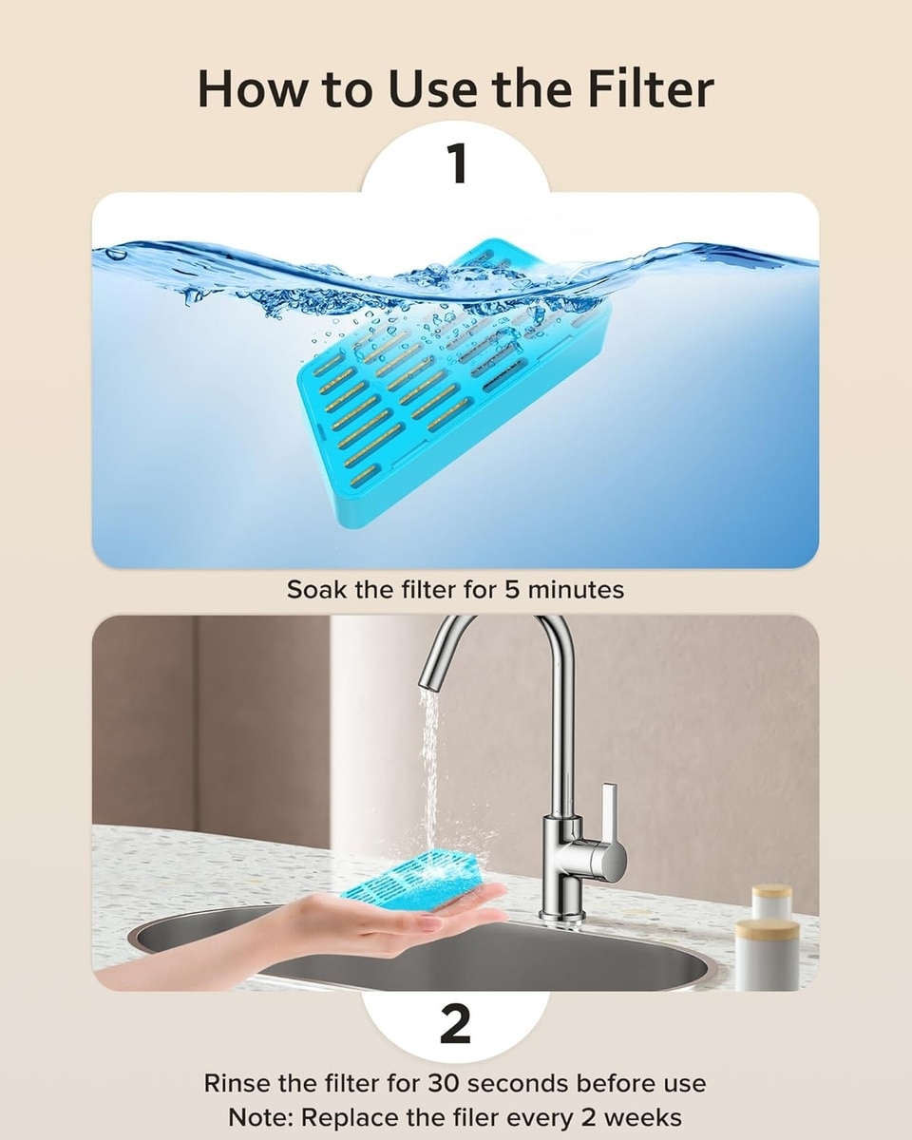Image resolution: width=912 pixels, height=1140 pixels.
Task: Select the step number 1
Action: coord(456,164)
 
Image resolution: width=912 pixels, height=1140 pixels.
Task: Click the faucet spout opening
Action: coord(432,684)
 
